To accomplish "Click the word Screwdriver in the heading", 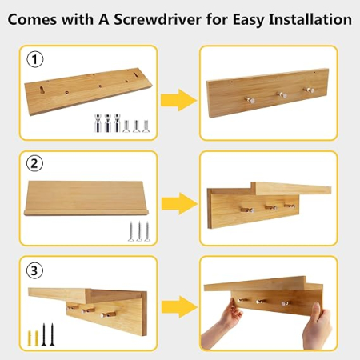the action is point(158,19).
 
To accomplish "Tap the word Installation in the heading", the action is point(310,19).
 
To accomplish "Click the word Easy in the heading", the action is point(248,20).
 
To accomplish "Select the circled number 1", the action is point(35,59).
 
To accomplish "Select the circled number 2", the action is point(34,163).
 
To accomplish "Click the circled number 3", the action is point(34,270).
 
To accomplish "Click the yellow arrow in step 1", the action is point(178,100).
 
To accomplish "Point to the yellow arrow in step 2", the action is point(179,203).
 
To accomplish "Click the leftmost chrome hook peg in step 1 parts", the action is point(98,123).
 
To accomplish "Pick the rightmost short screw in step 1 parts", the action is point(146,126).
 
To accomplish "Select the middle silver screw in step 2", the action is point(139,231).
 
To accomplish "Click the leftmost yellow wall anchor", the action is point(30,338).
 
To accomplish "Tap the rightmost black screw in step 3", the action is point(52,335).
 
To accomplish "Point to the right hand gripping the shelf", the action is point(318,327).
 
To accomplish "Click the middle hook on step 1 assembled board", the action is point(282,94).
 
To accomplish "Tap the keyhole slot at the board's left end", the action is point(42,90).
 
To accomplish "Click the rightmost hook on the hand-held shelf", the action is point(284,303).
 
